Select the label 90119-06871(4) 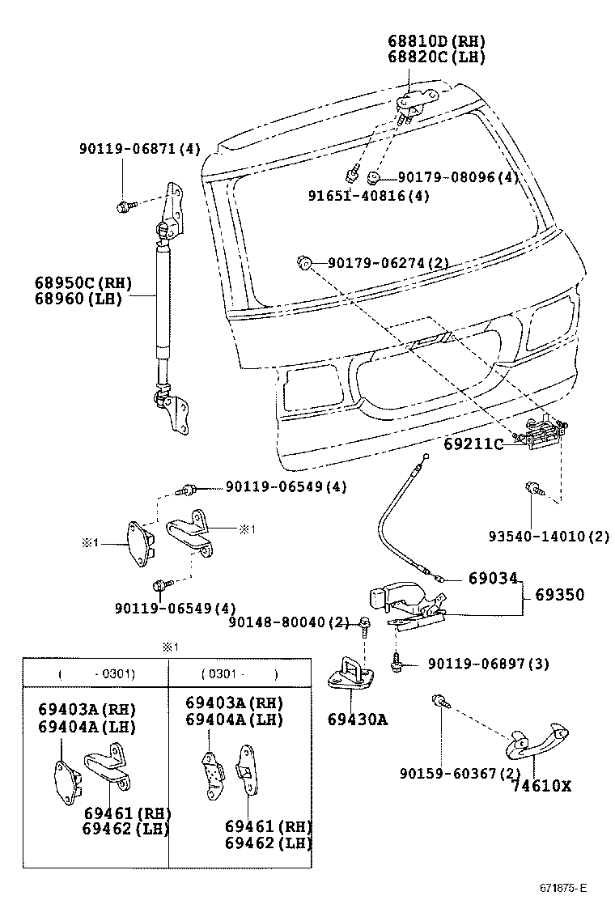click(x=139, y=149)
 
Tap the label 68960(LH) click(x=78, y=299)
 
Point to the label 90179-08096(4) click(x=458, y=177)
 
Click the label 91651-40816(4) click(x=368, y=196)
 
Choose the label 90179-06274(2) click(x=388, y=263)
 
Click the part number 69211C click(x=473, y=444)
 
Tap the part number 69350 click(x=558, y=595)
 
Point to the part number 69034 click(x=492, y=579)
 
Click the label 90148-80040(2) click(x=288, y=622)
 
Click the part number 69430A click(x=357, y=719)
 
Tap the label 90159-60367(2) click(x=459, y=774)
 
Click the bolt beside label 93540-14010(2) click(x=533, y=488)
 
